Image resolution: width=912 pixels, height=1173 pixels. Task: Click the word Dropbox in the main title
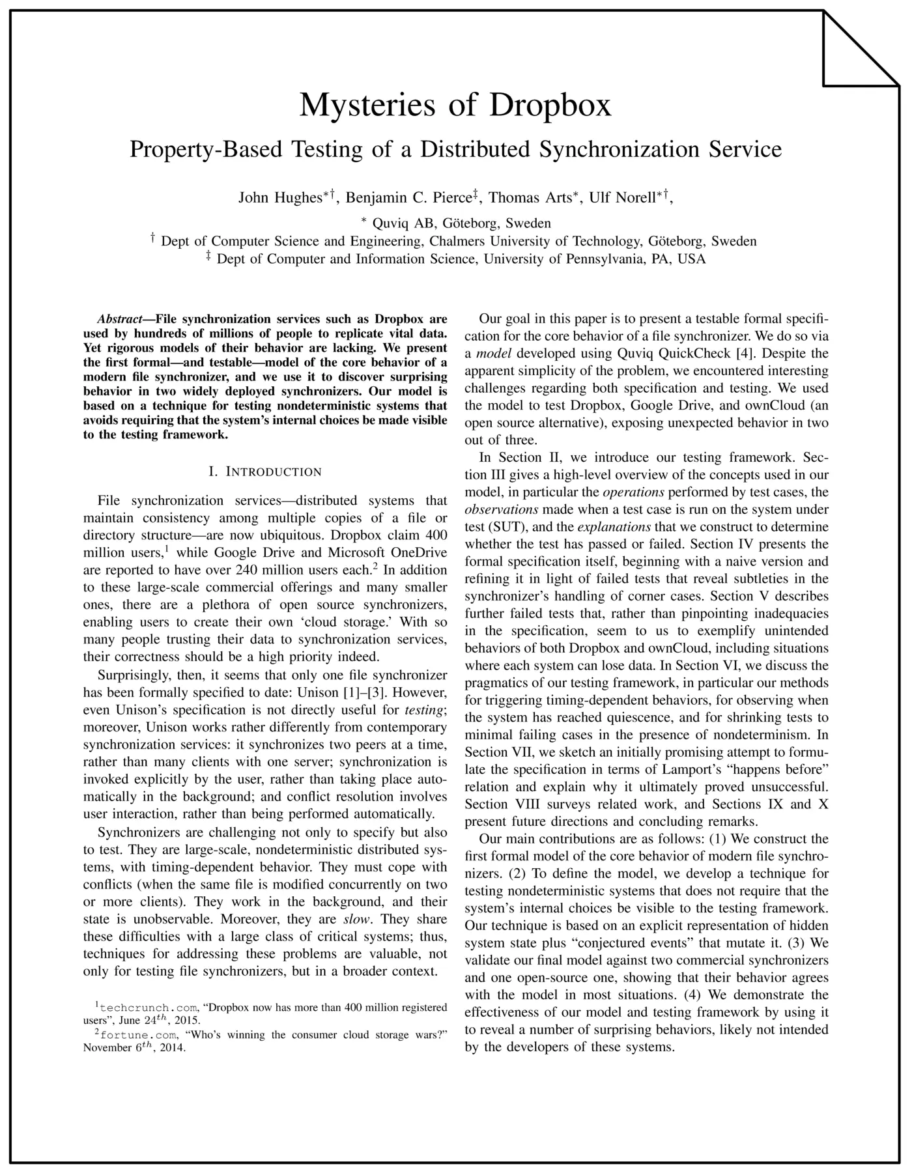click(550, 106)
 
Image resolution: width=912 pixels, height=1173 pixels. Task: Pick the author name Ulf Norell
click(622, 198)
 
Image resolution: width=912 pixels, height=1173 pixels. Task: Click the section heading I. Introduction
click(265, 472)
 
